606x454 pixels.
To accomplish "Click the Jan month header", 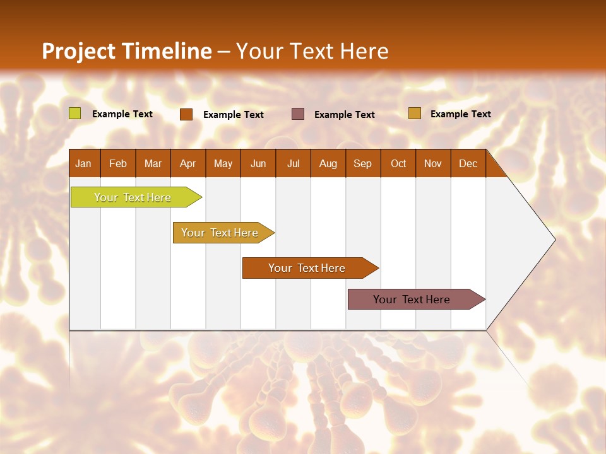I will pyautogui.click(x=84, y=163).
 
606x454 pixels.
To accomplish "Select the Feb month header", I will pyautogui.click(x=118, y=163).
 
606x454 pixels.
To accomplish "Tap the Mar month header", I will pyautogui.click(x=153, y=163).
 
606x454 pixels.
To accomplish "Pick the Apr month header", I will pyautogui.click(x=188, y=163).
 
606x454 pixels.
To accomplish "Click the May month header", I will pyautogui.click(x=223, y=163).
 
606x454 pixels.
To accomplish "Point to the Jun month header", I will pyautogui.click(x=258, y=163).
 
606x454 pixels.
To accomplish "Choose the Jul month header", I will pyautogui.click(x=293, y=163).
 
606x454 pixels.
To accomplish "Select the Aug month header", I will pyautogui.click(x=328, y=163).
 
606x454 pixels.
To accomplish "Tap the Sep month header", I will pyautogui.click(x=363, y=163).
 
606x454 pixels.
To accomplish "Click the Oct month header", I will pyautogui.click(x=398, y=163).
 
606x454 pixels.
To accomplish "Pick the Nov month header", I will pyautogui.click(x=433, y=163).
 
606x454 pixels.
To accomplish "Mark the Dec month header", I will pyautogui.click(x=468, y=163).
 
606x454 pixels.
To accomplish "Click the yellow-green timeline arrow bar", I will pyautogui.click(x=133, y=197).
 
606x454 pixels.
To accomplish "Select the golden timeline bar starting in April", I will pyautogui.click(x=220, y=233).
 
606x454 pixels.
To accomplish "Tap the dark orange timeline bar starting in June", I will pyautogui.click(x=307, y=268).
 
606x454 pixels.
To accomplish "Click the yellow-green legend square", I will pyautogui.click(x=75, y=113).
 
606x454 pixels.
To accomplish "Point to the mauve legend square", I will pyautogui.click(x=298, y=113).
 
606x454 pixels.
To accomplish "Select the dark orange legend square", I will pyautogui.click(x=186, y=114).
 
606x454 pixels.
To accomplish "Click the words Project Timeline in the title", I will pyautogui.click(x=127, y=51).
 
